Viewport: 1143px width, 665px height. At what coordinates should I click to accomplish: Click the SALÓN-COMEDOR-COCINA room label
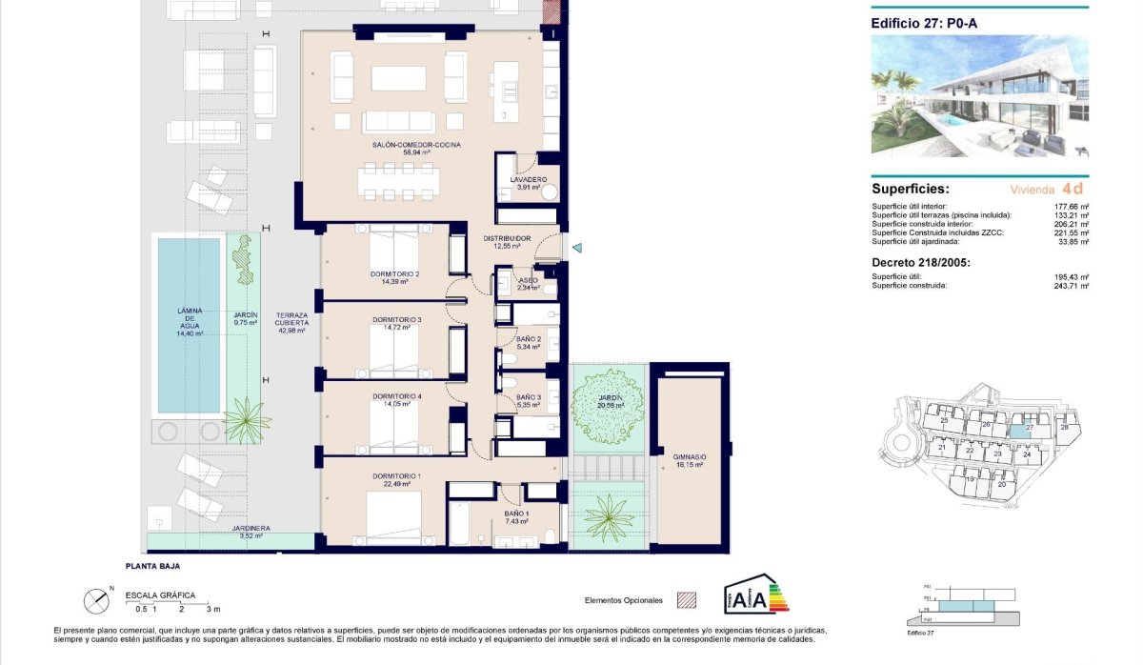pos(417,144)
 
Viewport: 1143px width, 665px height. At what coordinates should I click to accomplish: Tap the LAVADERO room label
pos(528,179)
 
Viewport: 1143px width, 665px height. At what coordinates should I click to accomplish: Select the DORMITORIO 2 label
pos(396,273)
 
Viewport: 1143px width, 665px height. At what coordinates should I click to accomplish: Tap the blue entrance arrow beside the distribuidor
pos(575,248)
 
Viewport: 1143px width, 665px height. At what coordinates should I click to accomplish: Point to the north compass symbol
pos(95,601)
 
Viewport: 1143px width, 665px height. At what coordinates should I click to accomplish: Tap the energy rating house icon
pos(757,594)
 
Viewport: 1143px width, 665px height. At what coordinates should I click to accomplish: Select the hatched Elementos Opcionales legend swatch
pos(686,600)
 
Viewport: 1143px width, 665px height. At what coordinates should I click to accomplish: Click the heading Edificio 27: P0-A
pos(925,24)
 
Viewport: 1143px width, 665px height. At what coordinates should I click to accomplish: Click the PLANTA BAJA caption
pos(152,566)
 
